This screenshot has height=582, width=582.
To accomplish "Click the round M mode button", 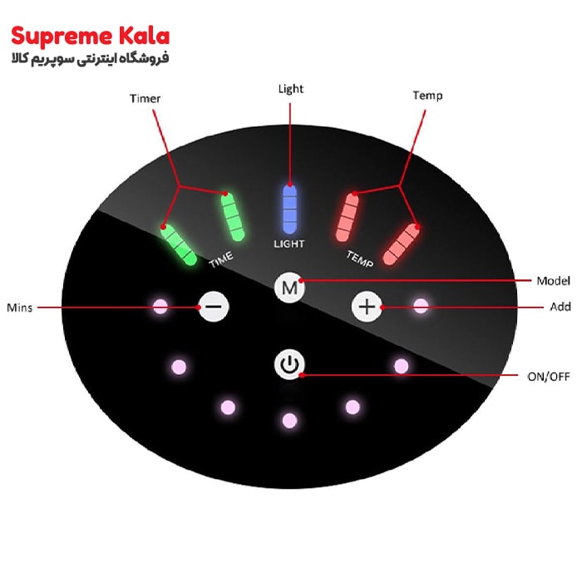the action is click(289, 288).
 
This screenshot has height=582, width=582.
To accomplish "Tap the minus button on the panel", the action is click(214, 307).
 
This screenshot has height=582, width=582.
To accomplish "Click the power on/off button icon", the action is click(289, 364).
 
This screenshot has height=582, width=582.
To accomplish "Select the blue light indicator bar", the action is click(289, 209).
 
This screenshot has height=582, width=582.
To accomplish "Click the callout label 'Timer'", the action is click(145, 99).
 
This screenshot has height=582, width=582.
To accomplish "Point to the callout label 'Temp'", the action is click(427, 96).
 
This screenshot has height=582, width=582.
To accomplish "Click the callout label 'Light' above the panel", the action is click(291, 89).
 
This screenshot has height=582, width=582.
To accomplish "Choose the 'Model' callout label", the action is click(553, 281).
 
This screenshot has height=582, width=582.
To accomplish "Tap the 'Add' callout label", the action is click(560, 307).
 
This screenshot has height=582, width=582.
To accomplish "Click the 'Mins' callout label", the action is click(20, 308).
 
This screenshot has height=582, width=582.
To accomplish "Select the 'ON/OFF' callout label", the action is click(549, 377).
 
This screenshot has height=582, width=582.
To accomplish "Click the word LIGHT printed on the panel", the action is click(289, 244).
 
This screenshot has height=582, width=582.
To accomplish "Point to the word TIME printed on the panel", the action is click(221, 259).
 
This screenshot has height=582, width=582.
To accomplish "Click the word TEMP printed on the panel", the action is click(360, 259).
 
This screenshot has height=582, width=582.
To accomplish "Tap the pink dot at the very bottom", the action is click(289, 421).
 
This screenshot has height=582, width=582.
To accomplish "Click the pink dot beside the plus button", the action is click(421, 306).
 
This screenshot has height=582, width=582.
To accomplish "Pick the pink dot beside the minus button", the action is click(160, 307).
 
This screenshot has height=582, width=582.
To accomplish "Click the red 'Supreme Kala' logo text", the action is click(90, 37).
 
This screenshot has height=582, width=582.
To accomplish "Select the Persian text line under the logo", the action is click(90, 59).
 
